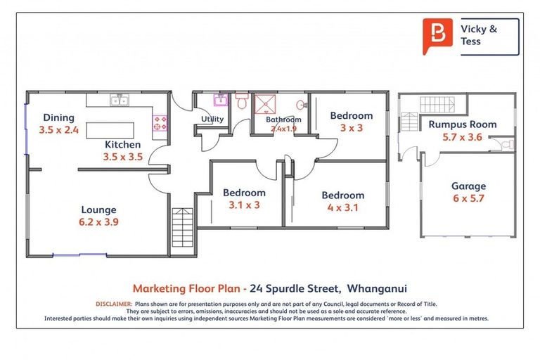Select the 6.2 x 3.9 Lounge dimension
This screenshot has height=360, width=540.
pyautogui.click(x=98, y=221)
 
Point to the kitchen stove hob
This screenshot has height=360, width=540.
pyautogui.click(x=160, y=124)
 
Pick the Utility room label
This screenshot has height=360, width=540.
pyautogui.click(x=212, y=119)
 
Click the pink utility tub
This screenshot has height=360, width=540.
pyautogui.click(x=219, y=100)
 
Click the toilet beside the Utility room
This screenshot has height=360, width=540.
pyautogui.click(x=241, y=102)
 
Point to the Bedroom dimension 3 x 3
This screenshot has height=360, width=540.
pyautogui.click(x=352, y=128)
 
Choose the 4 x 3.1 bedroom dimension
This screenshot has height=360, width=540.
pyautogui.click(x=342, y=207)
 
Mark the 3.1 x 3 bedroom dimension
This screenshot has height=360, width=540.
pyautogui.click(x=244, y=205)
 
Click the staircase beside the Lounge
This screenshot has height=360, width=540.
pyautogui.click(x=181, y=227)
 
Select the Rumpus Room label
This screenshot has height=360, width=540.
pyautogui.click(x=462, y=124)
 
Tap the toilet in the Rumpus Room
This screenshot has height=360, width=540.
pyautogui.click(x=508, y=145)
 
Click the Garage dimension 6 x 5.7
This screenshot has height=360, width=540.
pyautogui.click(x=468, y=198)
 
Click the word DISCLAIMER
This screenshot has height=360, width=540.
pyautogui.click(x=112, y=303)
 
